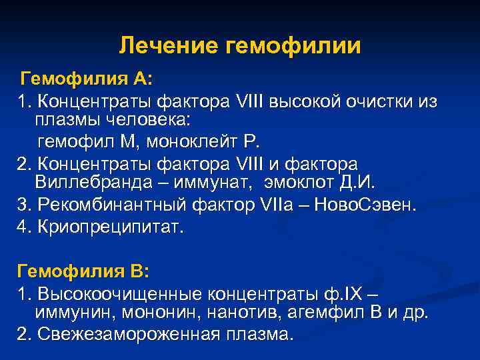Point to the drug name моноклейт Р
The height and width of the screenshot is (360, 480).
207,142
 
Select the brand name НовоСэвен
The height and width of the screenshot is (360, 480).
372,205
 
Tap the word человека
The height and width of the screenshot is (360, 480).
140,121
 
